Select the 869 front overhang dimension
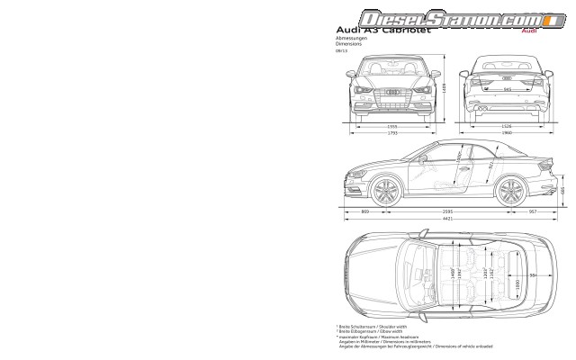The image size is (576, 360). click(364, 211)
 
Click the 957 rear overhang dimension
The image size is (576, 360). click(533, 211)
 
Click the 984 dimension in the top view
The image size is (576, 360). click(534, 275)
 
